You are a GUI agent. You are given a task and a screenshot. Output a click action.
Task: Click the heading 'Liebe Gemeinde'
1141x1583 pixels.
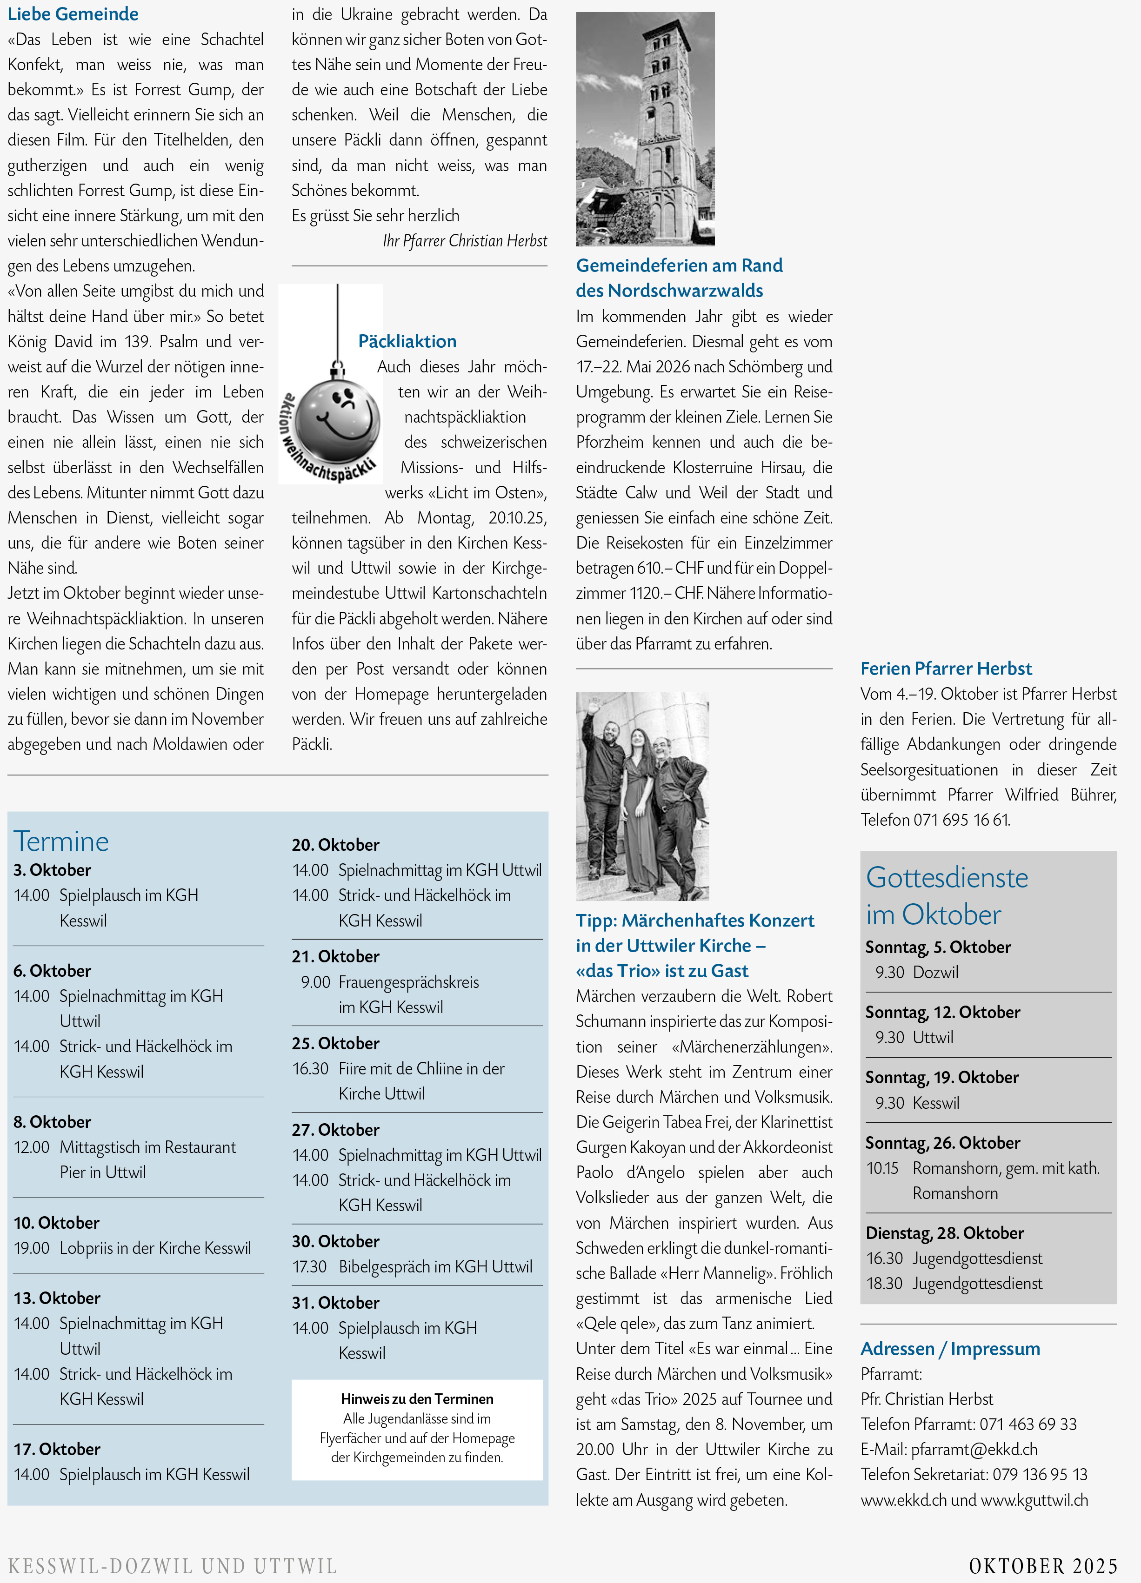pos(73,14)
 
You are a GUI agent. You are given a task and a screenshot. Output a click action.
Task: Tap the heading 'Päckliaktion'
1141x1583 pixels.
pos(407,341)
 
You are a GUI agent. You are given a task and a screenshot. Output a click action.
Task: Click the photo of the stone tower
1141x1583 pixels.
pos(645,129)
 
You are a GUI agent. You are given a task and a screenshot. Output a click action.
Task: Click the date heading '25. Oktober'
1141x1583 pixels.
pos(336,1043)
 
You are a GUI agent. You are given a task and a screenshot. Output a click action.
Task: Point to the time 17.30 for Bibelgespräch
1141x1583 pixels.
pos(309,1267)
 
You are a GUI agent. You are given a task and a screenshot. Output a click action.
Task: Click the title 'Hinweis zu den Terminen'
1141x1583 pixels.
pos(417,1399)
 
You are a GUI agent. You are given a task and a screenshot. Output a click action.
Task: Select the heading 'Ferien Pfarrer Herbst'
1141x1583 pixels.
pos(946,669)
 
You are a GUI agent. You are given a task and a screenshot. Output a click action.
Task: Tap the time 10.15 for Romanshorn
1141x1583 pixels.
pos(882,1168)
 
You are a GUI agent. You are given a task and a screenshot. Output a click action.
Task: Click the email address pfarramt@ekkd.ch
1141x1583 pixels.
pos(974,1450)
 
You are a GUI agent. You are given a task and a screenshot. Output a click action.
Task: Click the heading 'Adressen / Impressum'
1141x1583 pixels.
pos(950,1349)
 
